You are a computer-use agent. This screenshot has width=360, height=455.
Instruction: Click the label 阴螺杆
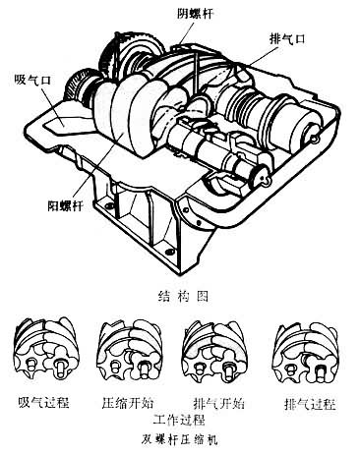(195, 14)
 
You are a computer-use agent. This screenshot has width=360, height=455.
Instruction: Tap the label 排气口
(287, 39)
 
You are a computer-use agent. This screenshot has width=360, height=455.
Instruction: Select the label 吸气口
(32, 80)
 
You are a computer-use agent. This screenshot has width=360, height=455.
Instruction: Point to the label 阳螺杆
(66, 205)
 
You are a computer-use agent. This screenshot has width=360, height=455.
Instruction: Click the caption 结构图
(183, 296)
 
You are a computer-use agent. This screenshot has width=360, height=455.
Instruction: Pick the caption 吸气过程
(43, 402)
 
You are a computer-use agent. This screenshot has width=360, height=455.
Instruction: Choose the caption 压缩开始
(128, 402)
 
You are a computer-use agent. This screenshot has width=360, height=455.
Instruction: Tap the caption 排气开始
(218, 403)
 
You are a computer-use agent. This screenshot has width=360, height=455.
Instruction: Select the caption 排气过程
(310, 404)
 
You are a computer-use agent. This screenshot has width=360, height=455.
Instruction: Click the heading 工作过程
(179, 420)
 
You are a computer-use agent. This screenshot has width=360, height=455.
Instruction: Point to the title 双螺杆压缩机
(179, 438)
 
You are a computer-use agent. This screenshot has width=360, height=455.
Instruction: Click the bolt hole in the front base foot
(169, 252)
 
